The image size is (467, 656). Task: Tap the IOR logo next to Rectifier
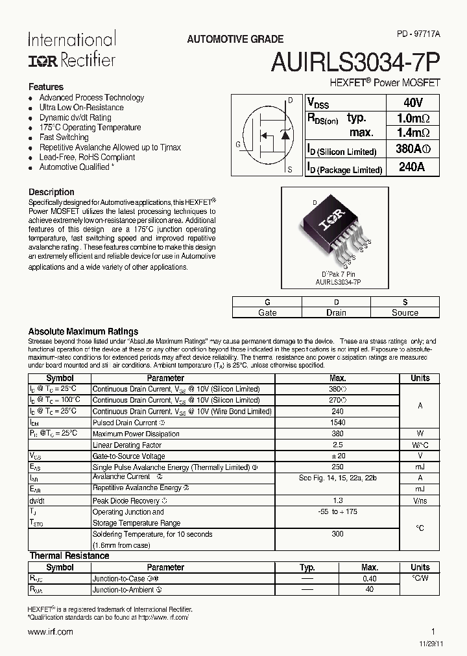(43, 60)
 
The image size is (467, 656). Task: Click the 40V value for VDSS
(413, 103)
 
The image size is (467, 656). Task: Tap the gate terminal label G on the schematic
(239, 145)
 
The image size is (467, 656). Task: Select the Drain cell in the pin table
(335, 312)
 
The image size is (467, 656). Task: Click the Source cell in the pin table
(405, 312)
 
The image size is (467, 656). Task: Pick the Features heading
(46, 87)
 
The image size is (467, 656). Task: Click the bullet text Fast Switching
(64, 137)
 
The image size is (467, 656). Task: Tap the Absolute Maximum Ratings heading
(83, 331)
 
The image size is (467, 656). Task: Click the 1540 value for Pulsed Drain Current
(337, 423)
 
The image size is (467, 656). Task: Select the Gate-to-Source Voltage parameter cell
(129, 456)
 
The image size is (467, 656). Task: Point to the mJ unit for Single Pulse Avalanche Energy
(420, 467)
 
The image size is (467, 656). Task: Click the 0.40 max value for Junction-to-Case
(370, 578)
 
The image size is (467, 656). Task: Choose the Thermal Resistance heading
(69, 556)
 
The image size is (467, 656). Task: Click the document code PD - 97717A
(418, 40)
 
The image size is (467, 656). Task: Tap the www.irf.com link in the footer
(51, 632)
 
